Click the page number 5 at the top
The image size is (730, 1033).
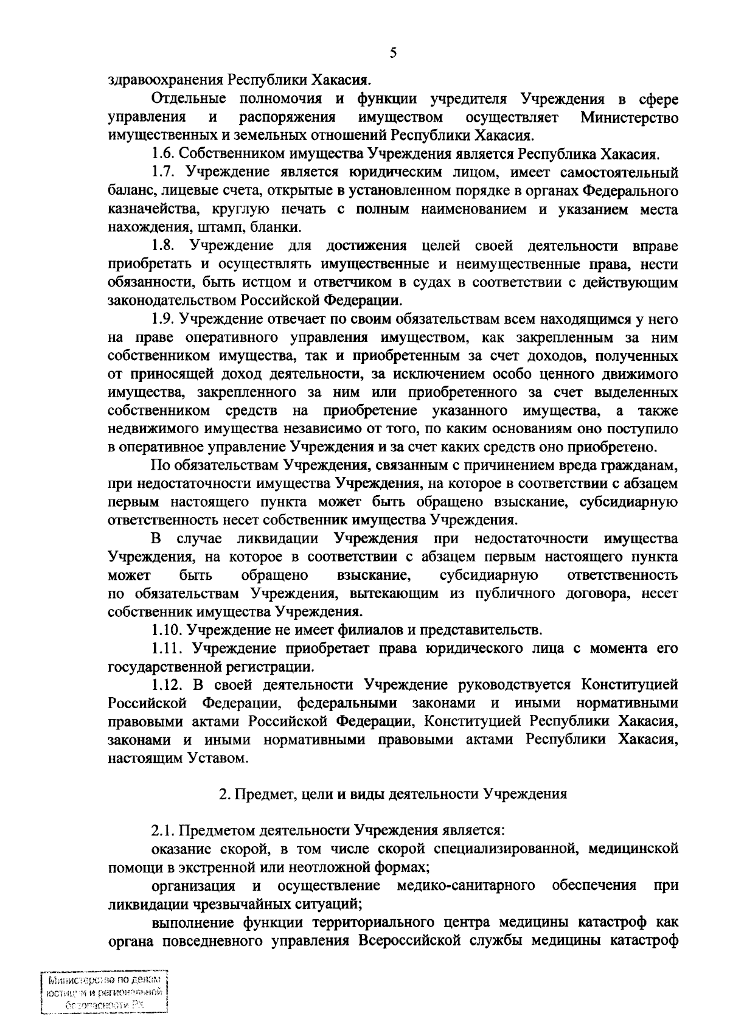point(393,53)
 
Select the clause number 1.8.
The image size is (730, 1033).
point(163,246)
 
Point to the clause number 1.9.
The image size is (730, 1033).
point(162,319)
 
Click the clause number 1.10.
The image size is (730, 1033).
point(166,628)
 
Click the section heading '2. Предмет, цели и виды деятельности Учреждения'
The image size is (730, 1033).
point(392,794)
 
